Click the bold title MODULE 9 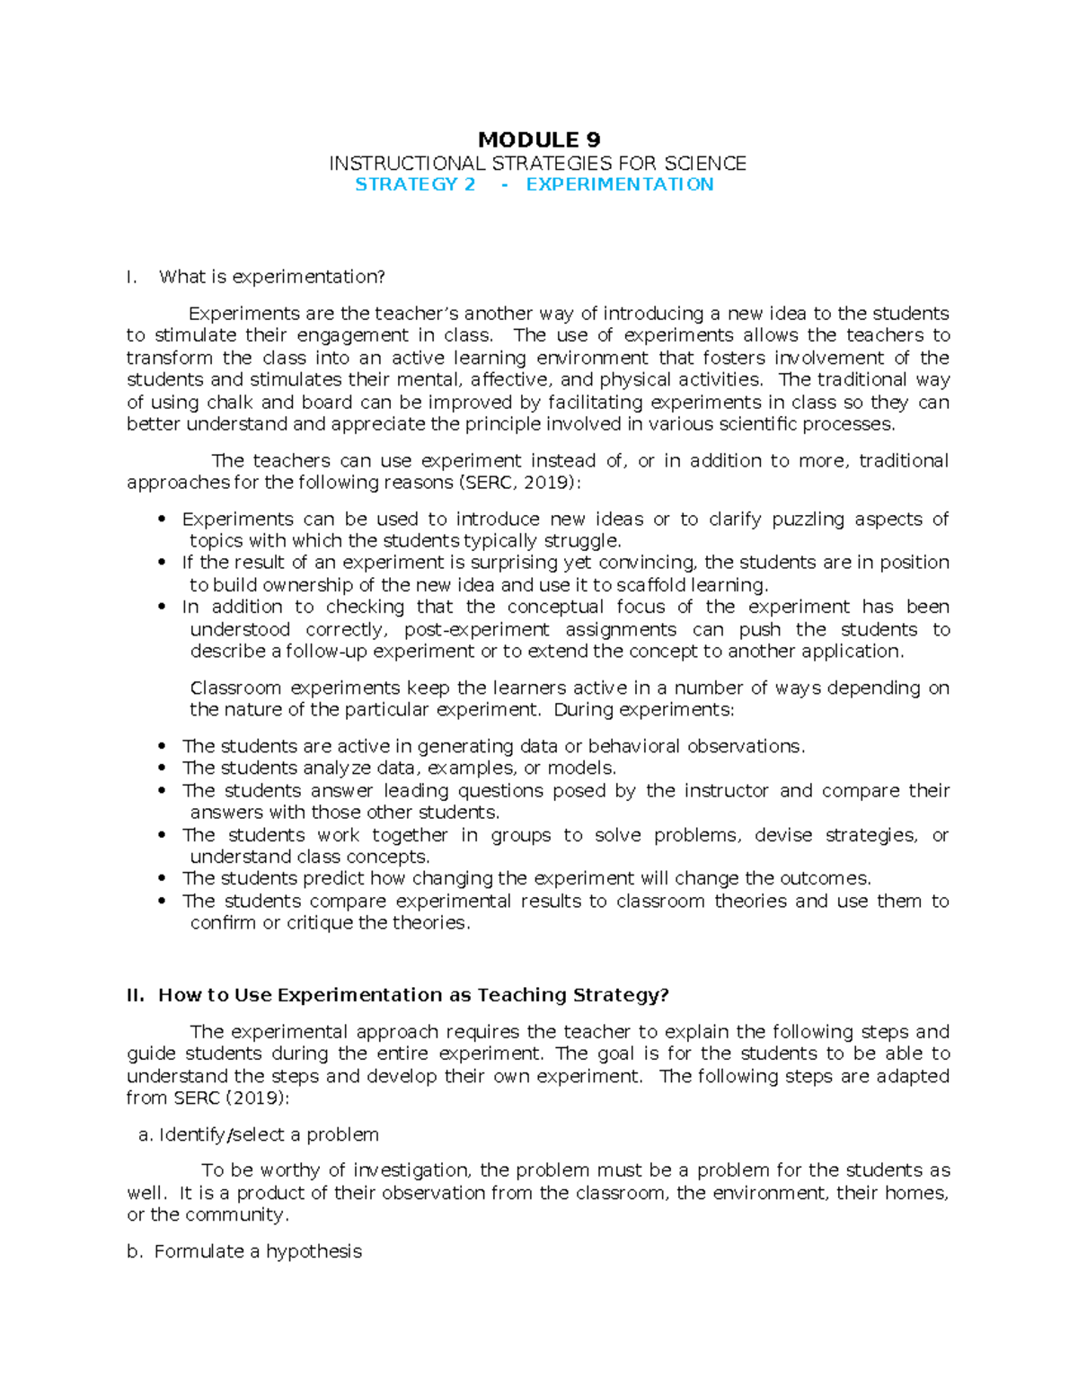point(539,139)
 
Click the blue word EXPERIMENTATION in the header point(620,184)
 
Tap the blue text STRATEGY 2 point(415,184)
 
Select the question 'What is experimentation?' point(271,277)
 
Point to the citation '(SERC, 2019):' point(519,483)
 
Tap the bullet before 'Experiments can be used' point(162,519)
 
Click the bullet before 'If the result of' point(162,563)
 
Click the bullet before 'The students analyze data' point(162,769)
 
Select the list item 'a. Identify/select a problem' point(259,1134)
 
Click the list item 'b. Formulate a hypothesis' point(244,1251)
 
